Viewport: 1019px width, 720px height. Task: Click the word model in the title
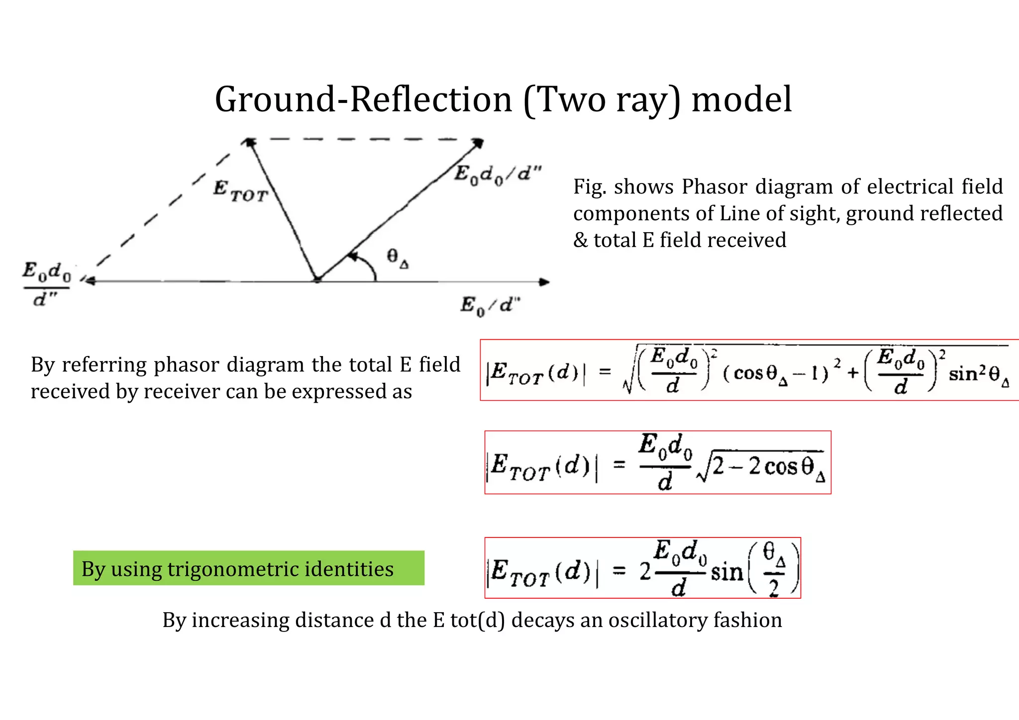[741, 99]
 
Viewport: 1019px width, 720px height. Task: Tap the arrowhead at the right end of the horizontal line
[545, 282]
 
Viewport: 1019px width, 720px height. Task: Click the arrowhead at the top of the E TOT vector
[249, 143]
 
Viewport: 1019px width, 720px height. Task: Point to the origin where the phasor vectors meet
[317, 280]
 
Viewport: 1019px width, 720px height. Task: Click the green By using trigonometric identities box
[248, 568]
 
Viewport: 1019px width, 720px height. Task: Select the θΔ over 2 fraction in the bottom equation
[774, 569]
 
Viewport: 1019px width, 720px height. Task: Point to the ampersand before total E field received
[581, 241]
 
